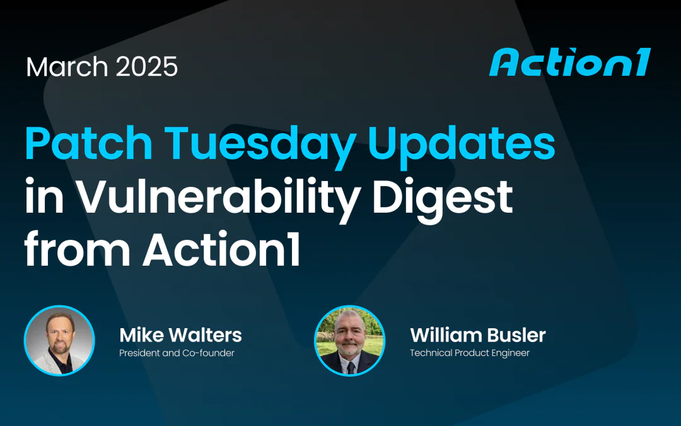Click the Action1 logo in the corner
[x=569, y=63]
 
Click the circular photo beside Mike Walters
[x=59, y=340]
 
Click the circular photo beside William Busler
[x=349, y=340]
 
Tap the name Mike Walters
[x=180, y=334]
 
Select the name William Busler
[x=477, y=334]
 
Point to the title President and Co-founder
[x=177, y=353]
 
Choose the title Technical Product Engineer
[x=470, y=353]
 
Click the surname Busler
[x=519, y=334]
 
